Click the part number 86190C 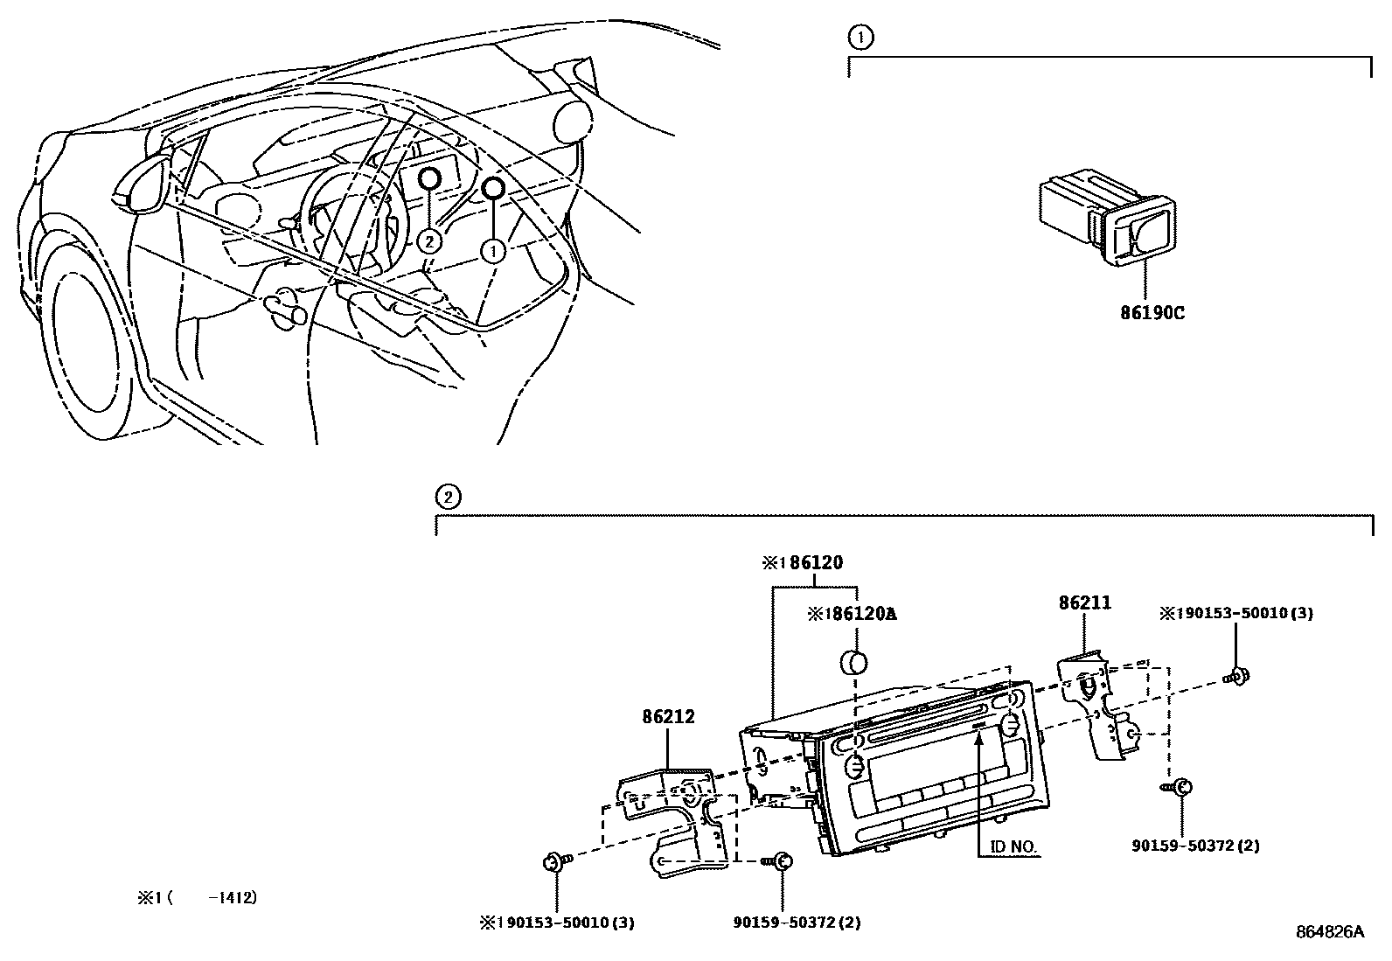[x=1152, y=312]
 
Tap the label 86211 [x=1084, y=602]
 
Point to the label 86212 [x=668, y=717]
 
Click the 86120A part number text [x=852, y=614]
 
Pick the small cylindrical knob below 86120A [x=853, y=661]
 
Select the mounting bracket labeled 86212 [x=675, y=817]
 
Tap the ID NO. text [x=1013, y=847]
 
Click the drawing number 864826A [x=1329, y=932]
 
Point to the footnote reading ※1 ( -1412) [x=198, y=897]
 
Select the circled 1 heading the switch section [x=860, y=38]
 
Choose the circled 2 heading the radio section [x=447, y=498]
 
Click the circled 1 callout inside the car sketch [x=494, y=252]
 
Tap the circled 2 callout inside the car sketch [x=429, y=240]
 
